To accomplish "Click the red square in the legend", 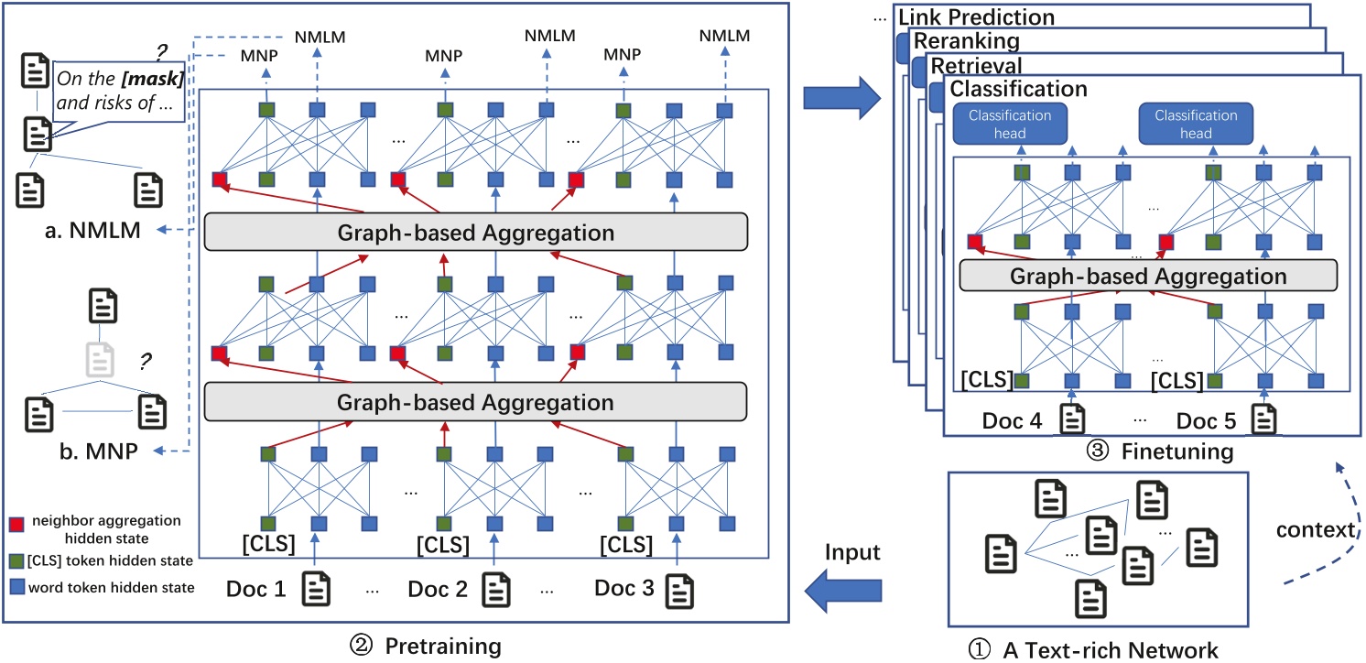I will point(14,520).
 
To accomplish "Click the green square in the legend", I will point(14,560).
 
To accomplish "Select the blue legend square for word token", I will point(14,587).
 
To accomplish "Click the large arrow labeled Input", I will point(843,589).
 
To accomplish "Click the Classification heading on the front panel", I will point(1018,90).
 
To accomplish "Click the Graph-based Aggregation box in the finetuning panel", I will point(1148,275).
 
